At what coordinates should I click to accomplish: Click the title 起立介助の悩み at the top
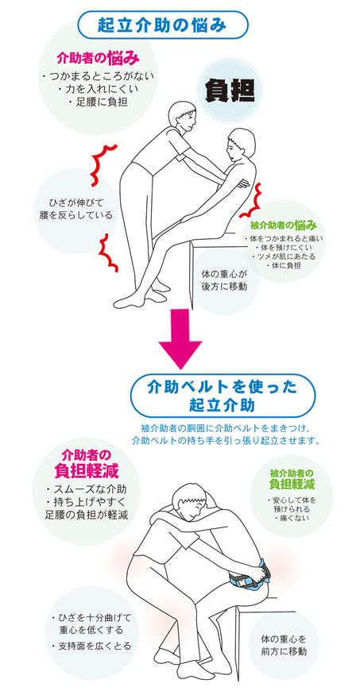click(x=162, y=25)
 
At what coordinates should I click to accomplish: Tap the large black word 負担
click(x=230, y=91)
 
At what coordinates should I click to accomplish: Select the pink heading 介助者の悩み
click(x=98, y=58)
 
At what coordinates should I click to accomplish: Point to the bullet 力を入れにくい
click(x=99, y=90)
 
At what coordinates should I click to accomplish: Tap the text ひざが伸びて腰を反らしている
click(x=75, y=209)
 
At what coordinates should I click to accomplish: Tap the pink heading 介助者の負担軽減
click(x=87, y=463)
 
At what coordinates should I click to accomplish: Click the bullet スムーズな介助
click(x=87, y=488)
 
